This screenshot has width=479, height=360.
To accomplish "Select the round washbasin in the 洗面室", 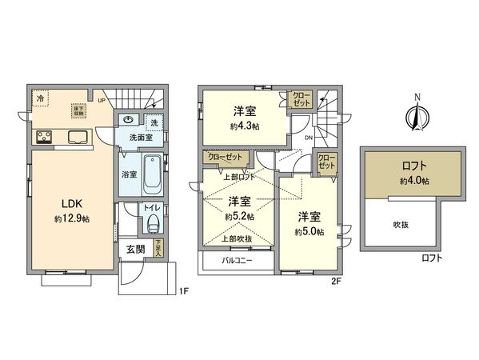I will click(129, 120).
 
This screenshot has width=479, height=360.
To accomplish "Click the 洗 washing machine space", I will click(154, 122).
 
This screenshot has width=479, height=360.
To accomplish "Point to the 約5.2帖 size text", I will click(238, 216).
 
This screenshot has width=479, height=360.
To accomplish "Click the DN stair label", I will click(308, 137).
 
